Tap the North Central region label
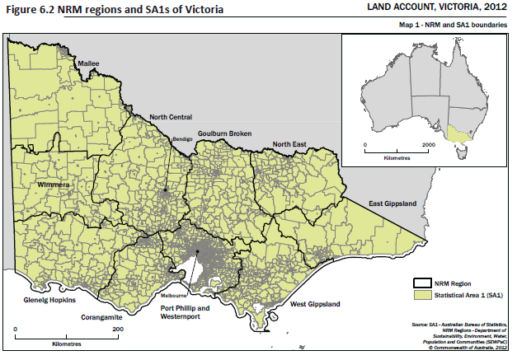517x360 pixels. point(171,118)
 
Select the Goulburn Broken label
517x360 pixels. point(224,133)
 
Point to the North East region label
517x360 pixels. point(289,144)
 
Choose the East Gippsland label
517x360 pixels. point(393,203)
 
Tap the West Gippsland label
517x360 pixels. point(315,305)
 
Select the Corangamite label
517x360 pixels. point(103,316)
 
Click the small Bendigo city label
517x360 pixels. point(182,139)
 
